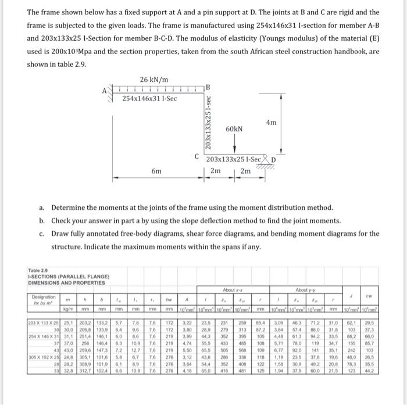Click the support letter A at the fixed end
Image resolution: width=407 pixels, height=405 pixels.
104,90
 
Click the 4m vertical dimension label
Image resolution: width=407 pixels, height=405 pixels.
271,123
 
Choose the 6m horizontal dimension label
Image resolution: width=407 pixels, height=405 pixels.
156,172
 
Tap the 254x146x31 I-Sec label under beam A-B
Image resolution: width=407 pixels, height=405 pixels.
149,98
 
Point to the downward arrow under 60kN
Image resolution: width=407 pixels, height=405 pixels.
234,145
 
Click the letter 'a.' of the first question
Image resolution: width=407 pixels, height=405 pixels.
41,207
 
